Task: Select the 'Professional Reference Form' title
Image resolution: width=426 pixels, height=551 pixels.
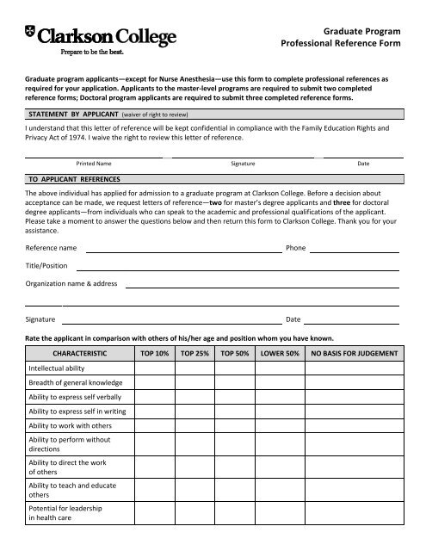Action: [x=343, y=42]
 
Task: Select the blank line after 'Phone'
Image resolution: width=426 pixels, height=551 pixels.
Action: [x=354, y=251]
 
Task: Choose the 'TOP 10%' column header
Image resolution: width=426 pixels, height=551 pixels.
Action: [x=155, y=353]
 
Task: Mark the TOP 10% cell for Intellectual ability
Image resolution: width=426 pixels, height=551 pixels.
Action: [x=155, y=368]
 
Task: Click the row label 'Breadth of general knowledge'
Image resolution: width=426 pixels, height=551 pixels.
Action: [x=76, y=382]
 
